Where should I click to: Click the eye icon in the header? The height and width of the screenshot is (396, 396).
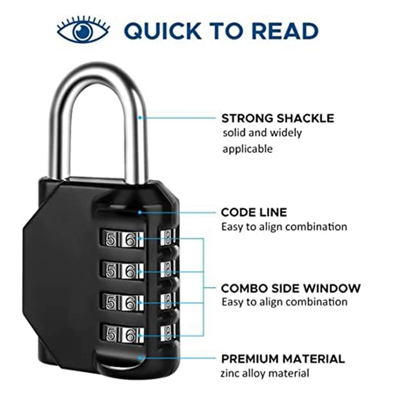pyautogui.click(x=82, y=31)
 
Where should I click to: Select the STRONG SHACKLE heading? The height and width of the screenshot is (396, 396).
pyautogui.click(x=277, y=118)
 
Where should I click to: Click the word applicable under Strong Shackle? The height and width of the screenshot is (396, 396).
pyautogui.click(x=247, y=148)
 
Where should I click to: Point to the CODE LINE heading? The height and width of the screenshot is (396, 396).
pyautogui.click(x=253, y=212)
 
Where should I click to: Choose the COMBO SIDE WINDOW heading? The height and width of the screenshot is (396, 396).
pyautogui.click(x=291, y=288)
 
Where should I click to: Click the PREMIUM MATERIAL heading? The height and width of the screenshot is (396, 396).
pyautogui.click(x=283, y=359)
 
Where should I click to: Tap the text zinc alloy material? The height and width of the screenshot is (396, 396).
pyautogui.click(x=265, y=374)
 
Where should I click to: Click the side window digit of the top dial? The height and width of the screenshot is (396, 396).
pyautogui.click(x=168, y=237)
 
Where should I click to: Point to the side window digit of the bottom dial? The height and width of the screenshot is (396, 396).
pyautogui.click(x=168, y=331)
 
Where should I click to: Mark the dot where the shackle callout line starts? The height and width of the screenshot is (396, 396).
pyautogui.click(x=141, y=118)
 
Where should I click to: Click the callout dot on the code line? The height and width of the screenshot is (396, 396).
pyautogui.click(x=141, y=212)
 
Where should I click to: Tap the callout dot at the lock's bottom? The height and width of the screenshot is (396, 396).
pyautogui.click(x=141, y=357)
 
